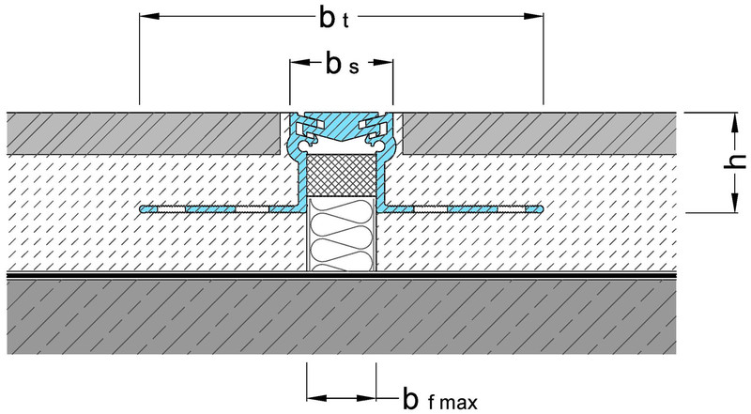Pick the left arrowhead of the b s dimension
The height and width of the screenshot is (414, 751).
click(296, 64)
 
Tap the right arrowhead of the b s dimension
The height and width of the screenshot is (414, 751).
click(386, 64)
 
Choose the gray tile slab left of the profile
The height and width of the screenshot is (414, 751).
click(141, 132)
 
